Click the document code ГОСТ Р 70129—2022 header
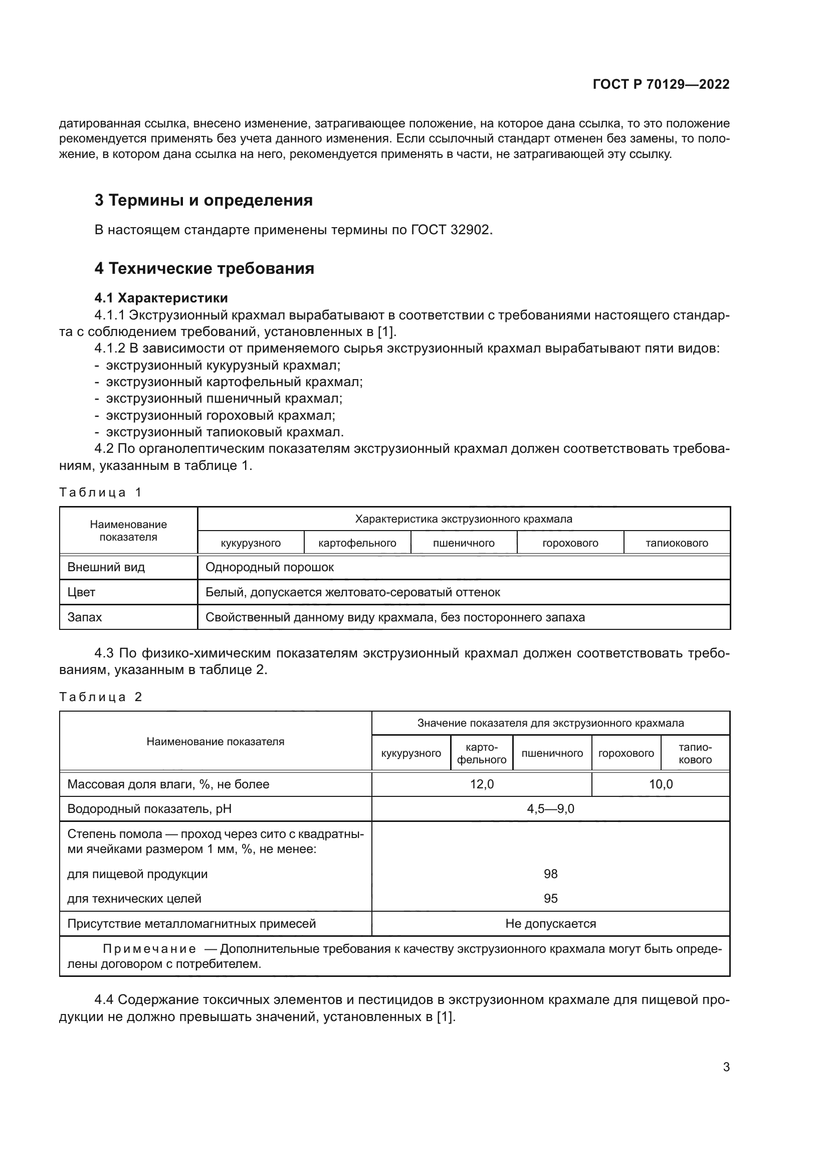(661, 84)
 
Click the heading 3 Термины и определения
(203, 200)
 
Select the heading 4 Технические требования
(204, 268)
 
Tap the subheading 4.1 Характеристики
(161, 298)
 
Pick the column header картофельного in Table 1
(357, 543)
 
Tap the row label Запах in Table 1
(85, 617)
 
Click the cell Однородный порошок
(270, 567)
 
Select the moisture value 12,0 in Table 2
(481, 784)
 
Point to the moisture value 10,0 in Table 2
(661, 784)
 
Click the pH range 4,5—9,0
(550, 809)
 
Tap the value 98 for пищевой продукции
(550, 874)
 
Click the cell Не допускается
(550, 923)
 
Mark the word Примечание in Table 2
(149, 949)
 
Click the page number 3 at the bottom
(726, 1067)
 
